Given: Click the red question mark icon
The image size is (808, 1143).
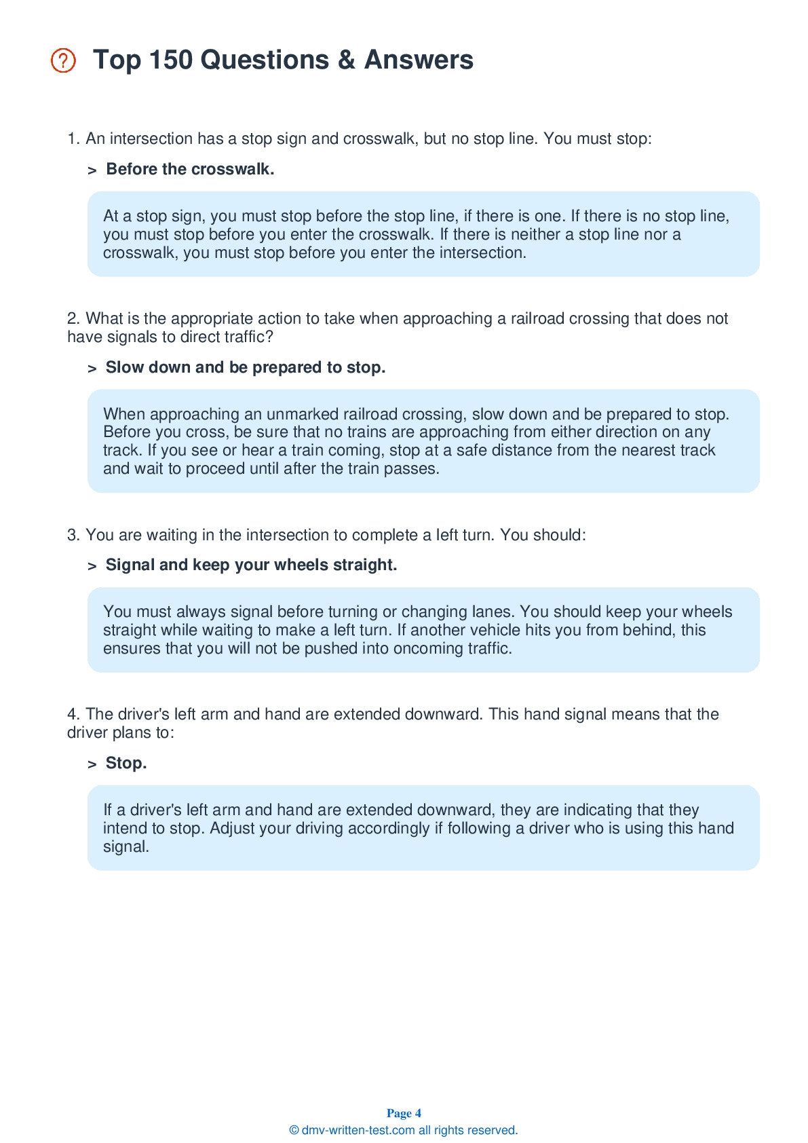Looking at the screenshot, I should coord(63,60).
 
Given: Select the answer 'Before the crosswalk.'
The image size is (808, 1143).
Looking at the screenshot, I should coord(190,169).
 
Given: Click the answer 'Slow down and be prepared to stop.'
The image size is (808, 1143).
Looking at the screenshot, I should coord(246,367).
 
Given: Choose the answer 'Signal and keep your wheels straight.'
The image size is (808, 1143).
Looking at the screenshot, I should coord(251,565).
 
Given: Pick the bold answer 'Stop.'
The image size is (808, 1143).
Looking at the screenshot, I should coord(126,763).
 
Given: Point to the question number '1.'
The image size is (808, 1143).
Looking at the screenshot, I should coord(73,138).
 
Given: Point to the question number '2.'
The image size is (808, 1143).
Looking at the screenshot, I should coord(73,318).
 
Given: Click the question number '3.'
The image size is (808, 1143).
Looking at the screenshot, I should coord(73,535).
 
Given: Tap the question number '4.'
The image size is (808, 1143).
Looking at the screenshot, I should coord(73,714).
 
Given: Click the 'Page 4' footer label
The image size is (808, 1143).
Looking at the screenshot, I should coord(404,1113).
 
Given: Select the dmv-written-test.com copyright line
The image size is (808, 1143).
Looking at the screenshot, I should coord(404,1130).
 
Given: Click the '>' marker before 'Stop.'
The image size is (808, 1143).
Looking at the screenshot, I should coord(92,764).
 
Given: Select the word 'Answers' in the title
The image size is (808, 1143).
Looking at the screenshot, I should coord(419,60).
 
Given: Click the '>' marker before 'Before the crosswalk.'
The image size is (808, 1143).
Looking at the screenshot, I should coord(92,170).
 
